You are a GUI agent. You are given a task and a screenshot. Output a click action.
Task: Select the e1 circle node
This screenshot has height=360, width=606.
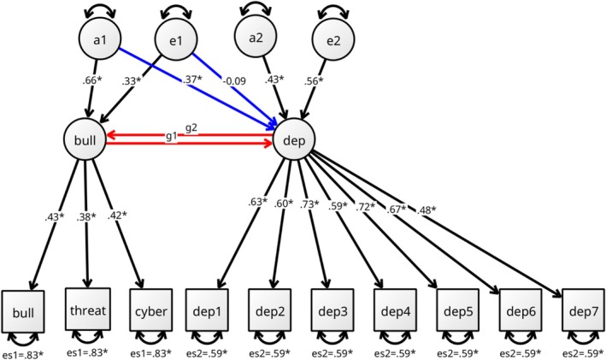click(172, 39)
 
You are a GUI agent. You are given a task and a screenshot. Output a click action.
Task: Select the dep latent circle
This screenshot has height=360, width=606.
click(294, 137)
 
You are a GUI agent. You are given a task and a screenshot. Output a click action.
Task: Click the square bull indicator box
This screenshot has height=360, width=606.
click(23, 313)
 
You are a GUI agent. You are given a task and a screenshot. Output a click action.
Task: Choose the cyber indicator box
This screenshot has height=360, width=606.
click(151, 313)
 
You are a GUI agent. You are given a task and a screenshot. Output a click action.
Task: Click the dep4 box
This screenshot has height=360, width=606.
click(395, 313)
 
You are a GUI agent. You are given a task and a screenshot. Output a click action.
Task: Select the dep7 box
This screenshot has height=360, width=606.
click(583, 313)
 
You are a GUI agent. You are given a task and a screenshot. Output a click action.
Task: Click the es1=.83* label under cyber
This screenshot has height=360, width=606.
click(151, 351)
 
